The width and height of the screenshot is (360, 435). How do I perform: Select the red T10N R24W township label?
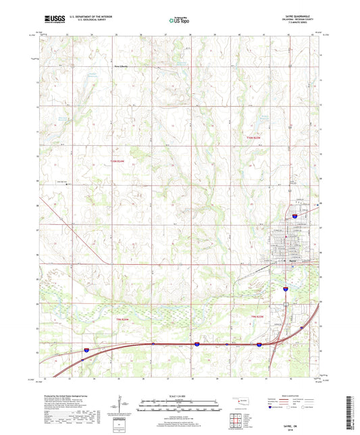tap(119, 159)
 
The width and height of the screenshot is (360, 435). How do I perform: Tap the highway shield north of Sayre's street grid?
tap(294, 216)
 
